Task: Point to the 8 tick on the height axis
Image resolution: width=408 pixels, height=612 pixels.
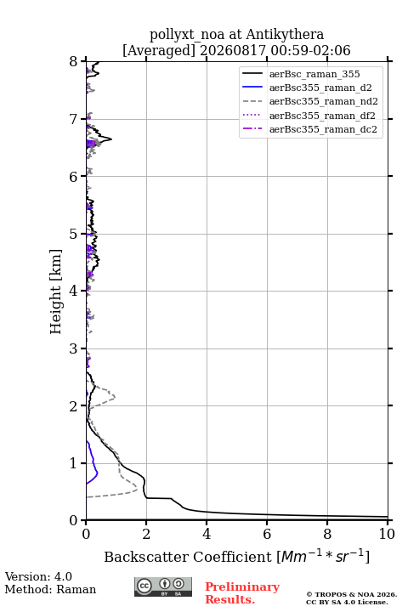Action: coord(74,61)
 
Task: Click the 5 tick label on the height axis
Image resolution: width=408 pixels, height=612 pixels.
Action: coord(74,234)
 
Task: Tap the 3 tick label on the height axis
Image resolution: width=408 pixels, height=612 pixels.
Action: coord(74,348)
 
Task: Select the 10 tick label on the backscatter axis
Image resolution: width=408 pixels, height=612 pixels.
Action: coord(387,534)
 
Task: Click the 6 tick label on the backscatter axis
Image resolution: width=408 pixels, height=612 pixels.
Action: coord(267,534)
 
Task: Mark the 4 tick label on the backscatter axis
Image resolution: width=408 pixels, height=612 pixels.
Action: coord(207,534)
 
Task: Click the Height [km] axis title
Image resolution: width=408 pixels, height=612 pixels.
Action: coord(56,292)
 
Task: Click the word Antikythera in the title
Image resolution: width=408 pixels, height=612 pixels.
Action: coord(285,34)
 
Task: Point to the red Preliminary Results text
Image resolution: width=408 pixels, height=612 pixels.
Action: coord(242,592)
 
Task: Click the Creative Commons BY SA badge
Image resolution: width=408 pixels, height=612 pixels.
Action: coord(163,586)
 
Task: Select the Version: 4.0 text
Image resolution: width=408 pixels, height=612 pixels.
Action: coord(38,576)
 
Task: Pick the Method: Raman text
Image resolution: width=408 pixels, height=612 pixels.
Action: coord(50,589)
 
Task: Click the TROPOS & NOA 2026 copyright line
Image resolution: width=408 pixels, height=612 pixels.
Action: coord(351,594)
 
